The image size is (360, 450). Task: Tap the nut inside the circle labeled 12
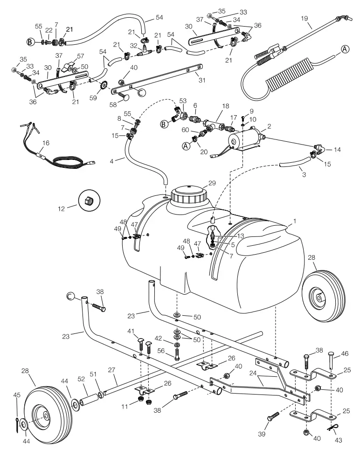coord(90,201)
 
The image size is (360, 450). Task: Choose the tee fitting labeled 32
coord(145,55)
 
